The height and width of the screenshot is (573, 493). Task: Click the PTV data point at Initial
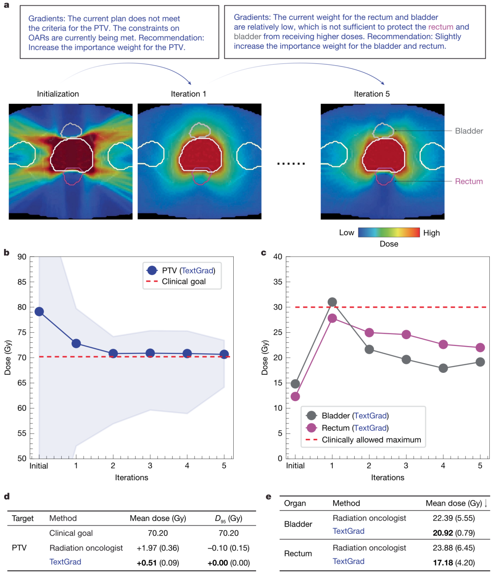39,312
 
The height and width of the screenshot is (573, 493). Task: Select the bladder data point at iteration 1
332,302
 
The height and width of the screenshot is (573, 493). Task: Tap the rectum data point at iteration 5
480,348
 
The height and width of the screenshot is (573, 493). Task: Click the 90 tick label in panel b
22,257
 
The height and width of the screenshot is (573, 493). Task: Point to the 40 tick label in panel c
278,257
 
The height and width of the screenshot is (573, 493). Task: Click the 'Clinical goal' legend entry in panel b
184,282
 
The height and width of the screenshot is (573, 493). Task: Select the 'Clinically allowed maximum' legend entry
371,440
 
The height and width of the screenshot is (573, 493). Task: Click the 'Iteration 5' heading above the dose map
372,94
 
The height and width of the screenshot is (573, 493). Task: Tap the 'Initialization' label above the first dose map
58,94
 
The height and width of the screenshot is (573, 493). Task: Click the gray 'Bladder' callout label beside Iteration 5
469,131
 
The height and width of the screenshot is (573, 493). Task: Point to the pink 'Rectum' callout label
469,181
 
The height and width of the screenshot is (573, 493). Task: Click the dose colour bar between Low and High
389,232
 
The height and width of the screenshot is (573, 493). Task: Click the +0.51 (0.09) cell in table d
157,563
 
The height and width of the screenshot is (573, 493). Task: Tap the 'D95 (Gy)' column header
228,519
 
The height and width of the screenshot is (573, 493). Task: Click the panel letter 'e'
268,497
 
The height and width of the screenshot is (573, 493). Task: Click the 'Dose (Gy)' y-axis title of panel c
265,358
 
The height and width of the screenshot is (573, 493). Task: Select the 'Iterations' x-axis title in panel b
131,478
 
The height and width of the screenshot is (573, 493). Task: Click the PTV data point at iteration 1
76,344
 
